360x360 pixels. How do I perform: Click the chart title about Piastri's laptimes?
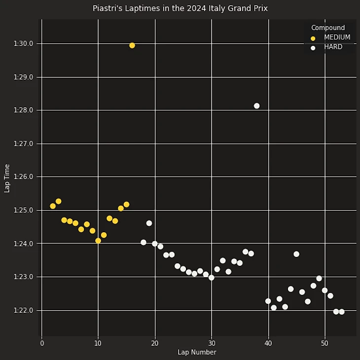click(x=180, y=8)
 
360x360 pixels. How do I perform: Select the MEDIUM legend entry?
click(x=337, y=37)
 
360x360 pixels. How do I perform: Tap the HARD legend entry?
click(x=333, y=47)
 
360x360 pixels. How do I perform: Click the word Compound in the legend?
click(x=328, y=28)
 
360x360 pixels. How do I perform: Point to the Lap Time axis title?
click(x=7, y=178)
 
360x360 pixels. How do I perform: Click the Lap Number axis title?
click(x=197, y=352)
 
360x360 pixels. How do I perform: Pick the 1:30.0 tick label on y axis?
click(x=24, y=44)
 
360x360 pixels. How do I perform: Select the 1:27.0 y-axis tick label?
click(x=24, y=144)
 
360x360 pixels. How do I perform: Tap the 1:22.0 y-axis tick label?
click(x=24, y=310)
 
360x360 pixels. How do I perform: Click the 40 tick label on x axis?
click(x=268, y=343)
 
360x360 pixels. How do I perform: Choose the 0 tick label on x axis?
click(x=42, y=343)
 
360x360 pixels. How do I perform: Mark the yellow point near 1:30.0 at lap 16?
click(x=132, y=45)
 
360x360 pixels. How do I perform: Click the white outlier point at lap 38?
click(x=256, y=106)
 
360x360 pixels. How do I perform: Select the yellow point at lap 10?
click(x=98, y=241)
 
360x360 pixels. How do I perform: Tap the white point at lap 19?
click(x=149, y=223)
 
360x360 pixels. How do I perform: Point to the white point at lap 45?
click(x=296, y=254)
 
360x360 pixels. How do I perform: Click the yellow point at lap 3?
click(x=58, y=201)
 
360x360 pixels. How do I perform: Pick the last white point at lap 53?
click(x=342, y=312)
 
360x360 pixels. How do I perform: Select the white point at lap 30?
click(x=212, y=278)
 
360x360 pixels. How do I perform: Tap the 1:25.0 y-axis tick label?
click(x=24, y=210)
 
